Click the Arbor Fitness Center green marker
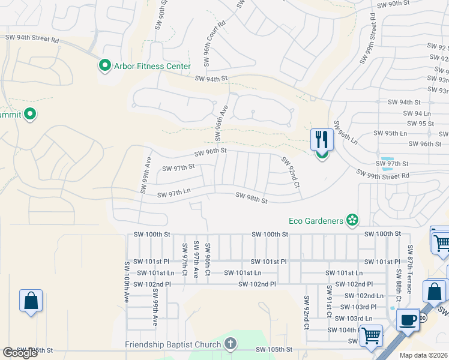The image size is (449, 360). tap(105, 65)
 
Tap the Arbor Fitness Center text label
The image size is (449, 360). tap(152, 66)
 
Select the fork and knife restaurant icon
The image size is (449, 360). tap(322, 140)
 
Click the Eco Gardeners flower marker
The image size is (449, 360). tap(352, 221)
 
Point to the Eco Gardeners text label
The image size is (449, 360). tap(316, 221)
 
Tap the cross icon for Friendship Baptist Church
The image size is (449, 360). tap(230, 344)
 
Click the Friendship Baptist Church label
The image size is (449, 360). tap(173, 344)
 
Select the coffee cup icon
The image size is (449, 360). tap(408, 320)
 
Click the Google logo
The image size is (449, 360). tap(20, 353)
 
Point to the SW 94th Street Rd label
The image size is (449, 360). tap(32, 38)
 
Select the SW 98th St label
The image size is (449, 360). tap(251, 198)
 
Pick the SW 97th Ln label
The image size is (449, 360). tap(173, 194)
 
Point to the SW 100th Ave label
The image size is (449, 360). tap(127, 281)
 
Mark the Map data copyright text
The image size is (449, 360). tap(424, 355)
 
